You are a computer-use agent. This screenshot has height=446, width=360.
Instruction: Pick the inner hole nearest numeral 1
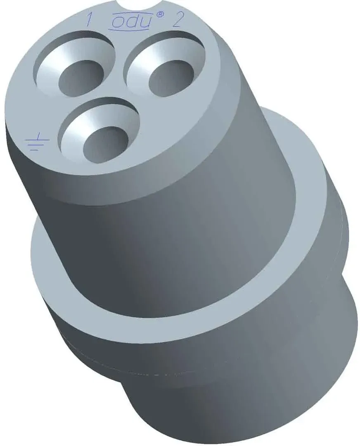pyautogui.click(x=81, y=77)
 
